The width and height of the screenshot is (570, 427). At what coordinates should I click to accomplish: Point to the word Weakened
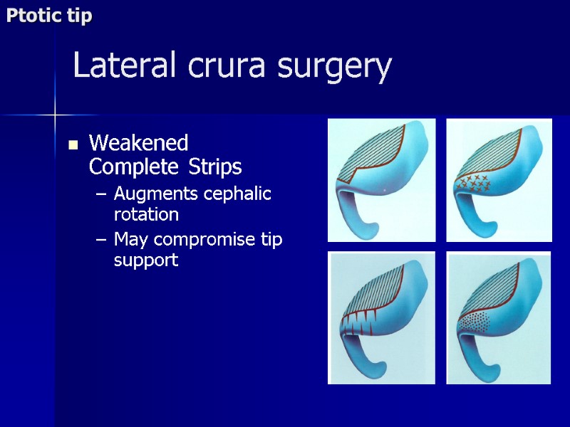coord(138,143)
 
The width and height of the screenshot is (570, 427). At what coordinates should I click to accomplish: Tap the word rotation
coord(145,213)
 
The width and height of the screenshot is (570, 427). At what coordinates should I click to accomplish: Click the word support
coord(145,260)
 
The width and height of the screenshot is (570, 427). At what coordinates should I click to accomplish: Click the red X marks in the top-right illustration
coord(473,183)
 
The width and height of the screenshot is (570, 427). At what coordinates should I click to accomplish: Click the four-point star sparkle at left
coord(54,112)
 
